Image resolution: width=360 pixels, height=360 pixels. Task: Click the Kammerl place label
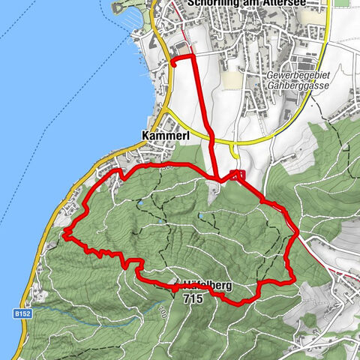(164, 136)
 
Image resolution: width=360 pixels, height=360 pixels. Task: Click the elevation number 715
(191, 298)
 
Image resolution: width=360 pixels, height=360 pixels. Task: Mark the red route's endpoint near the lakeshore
(173, 65)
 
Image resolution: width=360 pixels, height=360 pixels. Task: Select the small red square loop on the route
(238, 175)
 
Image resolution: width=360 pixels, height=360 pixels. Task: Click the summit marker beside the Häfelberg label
(175, 286)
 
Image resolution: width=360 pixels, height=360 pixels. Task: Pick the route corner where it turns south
(193, 55)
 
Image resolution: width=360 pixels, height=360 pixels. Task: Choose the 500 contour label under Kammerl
(166, 166)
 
